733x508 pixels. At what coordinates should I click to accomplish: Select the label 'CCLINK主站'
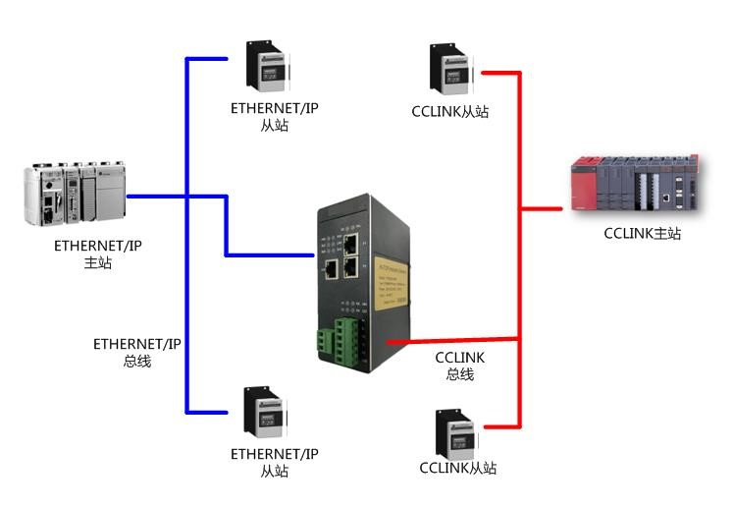pyautogui.click(x=642, y=234)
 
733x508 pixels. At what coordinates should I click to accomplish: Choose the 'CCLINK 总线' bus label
pyautogui.click(x=459, y=366)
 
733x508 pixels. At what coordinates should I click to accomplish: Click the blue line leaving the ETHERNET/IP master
pyautogui.click(x=157, y=196)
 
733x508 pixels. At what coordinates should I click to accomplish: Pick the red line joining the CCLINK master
pyautogui.click(x=545, y=208)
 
